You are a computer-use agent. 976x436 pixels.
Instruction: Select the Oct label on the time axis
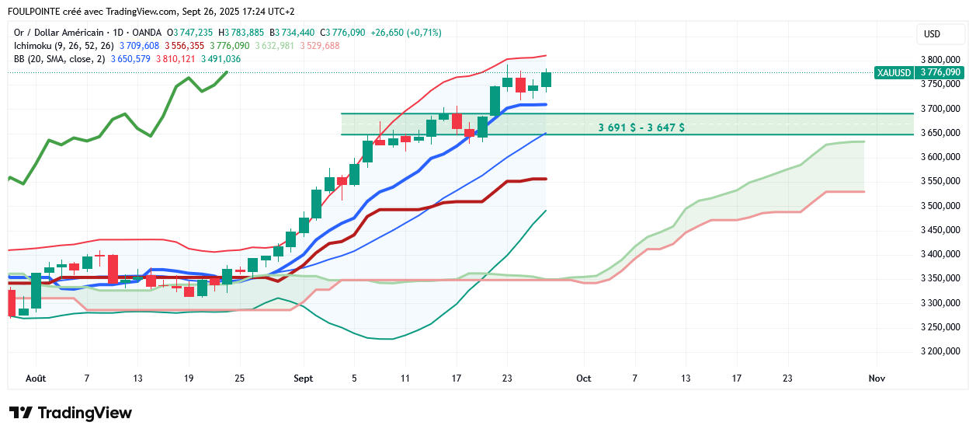point(584,378)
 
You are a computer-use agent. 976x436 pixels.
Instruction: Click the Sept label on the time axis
point(304,378)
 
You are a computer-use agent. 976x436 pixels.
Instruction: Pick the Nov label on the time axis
point(877,378)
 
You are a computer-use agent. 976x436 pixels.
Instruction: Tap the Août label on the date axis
point(36,378)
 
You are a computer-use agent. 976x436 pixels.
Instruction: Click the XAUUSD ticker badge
point(893,72)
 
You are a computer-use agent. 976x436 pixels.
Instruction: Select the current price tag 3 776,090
point(940,72)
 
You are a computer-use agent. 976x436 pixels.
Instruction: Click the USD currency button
point(932,34)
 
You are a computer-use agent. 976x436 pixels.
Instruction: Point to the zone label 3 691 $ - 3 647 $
point(641,127)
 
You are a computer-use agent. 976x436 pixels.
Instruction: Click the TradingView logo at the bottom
point(71,413)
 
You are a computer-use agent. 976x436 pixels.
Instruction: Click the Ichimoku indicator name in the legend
point(33,46)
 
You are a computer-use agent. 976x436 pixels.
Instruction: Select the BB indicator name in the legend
point(19,59)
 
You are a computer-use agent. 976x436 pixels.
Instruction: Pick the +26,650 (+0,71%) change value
point(406,33)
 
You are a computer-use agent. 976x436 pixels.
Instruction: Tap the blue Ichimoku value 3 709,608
point(139,46)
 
